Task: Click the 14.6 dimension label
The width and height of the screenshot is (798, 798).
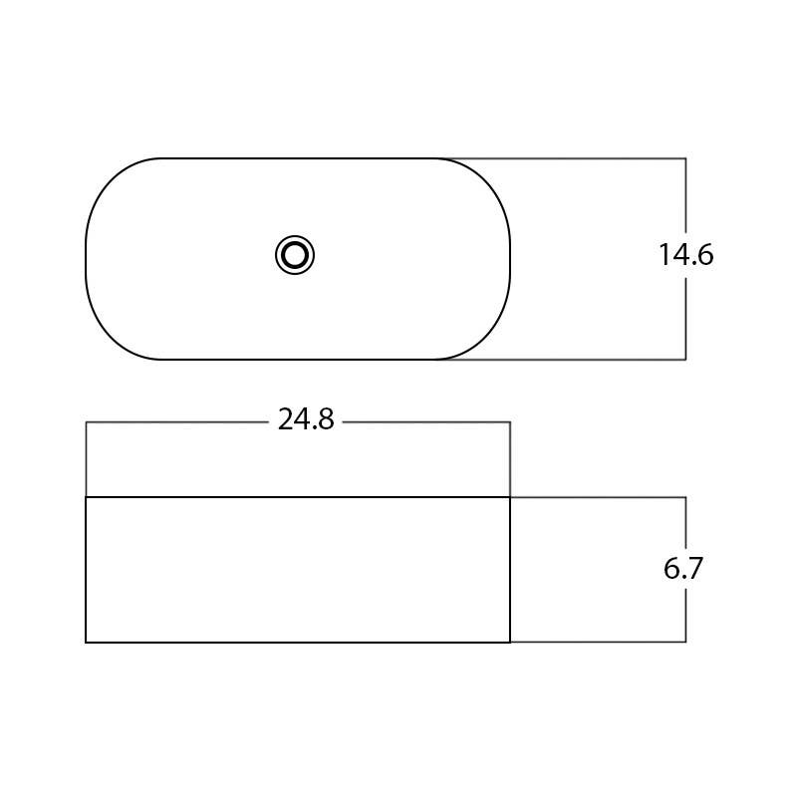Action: click(685, 255)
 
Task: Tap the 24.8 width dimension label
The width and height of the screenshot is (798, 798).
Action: click(306, 420)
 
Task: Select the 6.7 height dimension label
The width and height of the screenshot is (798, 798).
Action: click(683, 569)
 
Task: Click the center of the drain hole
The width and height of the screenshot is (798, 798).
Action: click(295, 255)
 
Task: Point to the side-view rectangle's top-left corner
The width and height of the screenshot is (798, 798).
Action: click(87, 497)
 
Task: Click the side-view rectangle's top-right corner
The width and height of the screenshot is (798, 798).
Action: click(510, 497)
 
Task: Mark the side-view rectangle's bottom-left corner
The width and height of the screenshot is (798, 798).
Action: click(87, 643)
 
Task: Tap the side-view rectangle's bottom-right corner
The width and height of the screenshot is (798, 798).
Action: click(510, 643)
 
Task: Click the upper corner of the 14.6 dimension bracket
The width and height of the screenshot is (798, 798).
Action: click(685, 158)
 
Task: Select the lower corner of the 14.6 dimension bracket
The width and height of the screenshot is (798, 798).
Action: click(685, 359)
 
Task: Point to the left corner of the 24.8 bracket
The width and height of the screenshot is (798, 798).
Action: click(87, 422)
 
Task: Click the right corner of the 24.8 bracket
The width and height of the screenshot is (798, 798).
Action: click(510, 422)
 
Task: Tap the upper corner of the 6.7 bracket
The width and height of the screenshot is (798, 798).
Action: click(685, 497)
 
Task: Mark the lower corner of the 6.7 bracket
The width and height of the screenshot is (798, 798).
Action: click(685, 642)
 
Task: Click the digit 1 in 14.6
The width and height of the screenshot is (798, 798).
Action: click(665, 255)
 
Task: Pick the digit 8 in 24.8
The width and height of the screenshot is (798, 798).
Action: click(326, 420)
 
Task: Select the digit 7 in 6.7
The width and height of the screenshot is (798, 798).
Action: click(695, 569)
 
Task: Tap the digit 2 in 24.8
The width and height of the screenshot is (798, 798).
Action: click(285, 420)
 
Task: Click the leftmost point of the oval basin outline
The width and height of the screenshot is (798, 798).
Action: click(87, 258)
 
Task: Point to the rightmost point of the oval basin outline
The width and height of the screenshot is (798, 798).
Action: click(510, 258)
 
